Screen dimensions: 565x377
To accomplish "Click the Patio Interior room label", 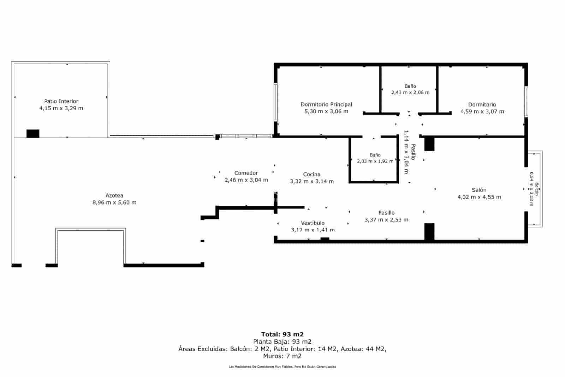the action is (x=61, y=101).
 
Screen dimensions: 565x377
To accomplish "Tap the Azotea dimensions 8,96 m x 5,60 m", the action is (x=114, y=202).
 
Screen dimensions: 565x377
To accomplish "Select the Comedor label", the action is (x=246, y=173).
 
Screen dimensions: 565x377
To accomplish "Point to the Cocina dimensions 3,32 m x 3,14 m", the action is (x=312, y=182).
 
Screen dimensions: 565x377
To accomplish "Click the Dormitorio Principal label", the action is (x=326, y=105).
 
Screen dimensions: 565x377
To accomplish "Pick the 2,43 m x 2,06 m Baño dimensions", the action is (x=410, y=93).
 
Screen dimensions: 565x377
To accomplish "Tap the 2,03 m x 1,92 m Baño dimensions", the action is (x=375, y=161).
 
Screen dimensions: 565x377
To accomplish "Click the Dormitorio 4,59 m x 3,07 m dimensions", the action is (x=482, y=112).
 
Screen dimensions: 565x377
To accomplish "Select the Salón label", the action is (x=479, y=190).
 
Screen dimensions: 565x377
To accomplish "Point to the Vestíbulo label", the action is (x=313, y=223).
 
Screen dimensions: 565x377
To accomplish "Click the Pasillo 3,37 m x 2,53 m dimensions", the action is (x=386, y=220).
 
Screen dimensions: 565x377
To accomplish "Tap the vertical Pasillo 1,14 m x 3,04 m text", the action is (x=409, y=152).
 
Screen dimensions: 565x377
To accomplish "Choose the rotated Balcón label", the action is (x=537, y=189).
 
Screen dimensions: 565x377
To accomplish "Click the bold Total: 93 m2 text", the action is (x=282, y=334).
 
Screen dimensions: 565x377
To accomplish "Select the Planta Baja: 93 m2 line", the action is (x=282, y=342).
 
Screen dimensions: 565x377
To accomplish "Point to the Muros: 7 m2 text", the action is (x=282, y=356).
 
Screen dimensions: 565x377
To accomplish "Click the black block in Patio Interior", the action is (x=33, y=134).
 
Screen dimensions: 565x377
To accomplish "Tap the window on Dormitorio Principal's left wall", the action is (x=276, y=102).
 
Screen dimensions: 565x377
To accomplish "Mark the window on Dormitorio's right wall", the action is (x=527, y=101).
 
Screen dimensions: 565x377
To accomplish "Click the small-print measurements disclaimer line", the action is (x=282, y=367).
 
